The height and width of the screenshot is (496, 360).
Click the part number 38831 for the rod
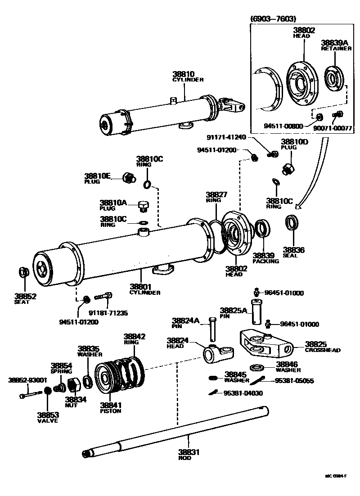(x=188, y=452)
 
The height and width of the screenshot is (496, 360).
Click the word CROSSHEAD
(x=322, y=350)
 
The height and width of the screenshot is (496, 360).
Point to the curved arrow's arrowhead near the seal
(x=297, y=208)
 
